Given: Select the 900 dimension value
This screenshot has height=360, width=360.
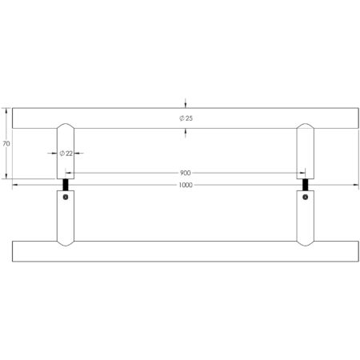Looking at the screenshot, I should click(186, 172).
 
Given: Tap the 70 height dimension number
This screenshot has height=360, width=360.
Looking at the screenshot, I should click(6, 144).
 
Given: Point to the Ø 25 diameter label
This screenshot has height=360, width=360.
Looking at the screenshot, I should click(186, 118).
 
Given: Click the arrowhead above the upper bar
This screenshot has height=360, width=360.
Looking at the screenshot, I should click(186, 105).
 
